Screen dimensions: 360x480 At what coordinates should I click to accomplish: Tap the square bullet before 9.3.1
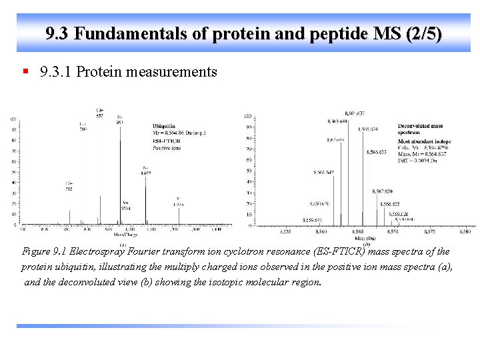(25, 71)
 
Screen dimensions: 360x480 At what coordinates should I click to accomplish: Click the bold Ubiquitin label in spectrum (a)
(165, 125)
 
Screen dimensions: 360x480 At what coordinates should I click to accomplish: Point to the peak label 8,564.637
(354, 113)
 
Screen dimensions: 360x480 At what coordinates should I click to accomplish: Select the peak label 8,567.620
(382, 191)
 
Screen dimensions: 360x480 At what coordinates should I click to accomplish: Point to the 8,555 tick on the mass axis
(285, 231)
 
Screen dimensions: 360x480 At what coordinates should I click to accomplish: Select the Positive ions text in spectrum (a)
(167, 148)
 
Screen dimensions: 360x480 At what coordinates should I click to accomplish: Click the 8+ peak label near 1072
(145, 170)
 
